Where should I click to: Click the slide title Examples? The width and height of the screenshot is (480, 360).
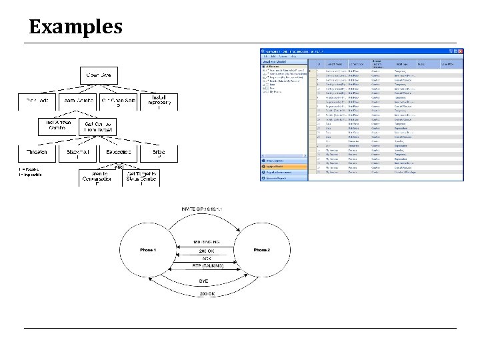pyautogui.click(x=76, y=27)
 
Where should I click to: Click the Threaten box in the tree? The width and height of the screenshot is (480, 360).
pyautogui.click(x=37, y=152)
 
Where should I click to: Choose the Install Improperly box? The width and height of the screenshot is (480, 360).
pyautogui.click(x=159, y=101)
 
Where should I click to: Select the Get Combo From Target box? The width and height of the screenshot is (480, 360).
pyautogui.click(x=98, y=127)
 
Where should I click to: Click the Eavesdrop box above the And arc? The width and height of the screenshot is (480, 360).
pyautogui.click(x=118, y=152)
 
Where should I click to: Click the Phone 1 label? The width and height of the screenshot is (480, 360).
pyautogui.click(x=147, y=249)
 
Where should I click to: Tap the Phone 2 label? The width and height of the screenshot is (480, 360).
pyautogui.click(x=262, y=249)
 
